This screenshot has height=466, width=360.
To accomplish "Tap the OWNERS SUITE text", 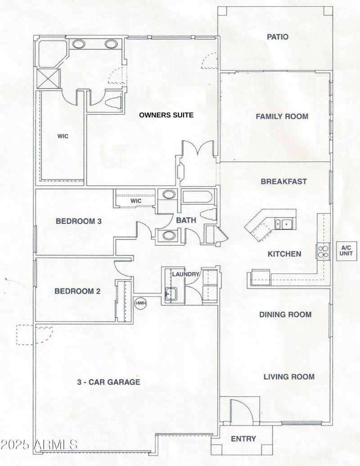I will [166, 115].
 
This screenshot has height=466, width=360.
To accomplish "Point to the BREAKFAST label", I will [283, 182].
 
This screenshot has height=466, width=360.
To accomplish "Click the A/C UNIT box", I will [346, 251].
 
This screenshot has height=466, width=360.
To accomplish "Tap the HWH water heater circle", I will [140, 303].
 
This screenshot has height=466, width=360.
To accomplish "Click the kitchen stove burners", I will [323, 251].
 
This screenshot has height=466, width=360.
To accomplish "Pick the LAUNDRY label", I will [185, 274].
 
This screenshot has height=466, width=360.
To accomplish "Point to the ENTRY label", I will [243, 439].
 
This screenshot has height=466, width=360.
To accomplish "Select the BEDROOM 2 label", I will [77, 291].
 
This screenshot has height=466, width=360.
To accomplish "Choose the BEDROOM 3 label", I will [79, 221].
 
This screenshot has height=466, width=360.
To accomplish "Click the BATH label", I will [186, 220].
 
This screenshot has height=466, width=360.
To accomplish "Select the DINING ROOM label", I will [285, 314].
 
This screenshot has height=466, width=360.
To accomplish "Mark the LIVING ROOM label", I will [289, 376].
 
